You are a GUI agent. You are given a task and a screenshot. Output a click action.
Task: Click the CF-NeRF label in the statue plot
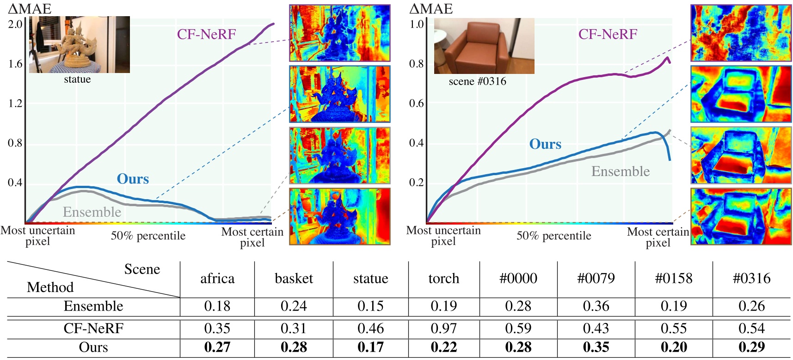click(x=206, y=34)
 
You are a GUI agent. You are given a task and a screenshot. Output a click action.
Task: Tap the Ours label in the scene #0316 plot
click(x=545, y=144)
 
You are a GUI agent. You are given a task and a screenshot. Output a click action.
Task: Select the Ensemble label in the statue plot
click(x=92, y=212)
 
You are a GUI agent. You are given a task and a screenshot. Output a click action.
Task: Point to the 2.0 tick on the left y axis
click(x=15, y=24)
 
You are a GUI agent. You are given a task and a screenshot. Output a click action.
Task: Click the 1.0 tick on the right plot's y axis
click(x=417, y=24)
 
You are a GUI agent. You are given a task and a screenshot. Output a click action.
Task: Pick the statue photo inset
click(x=80, y=45)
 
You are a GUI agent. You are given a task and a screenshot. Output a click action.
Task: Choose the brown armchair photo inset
click(x=484, y=46)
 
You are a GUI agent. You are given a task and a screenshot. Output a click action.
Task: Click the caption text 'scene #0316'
click(x=477, y=82)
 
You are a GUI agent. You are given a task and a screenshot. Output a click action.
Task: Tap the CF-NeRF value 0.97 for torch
click(x=443, y=329)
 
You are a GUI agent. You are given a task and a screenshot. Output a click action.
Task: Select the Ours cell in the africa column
click(x=217, y=348)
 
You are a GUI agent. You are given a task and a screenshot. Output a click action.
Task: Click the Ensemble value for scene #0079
click(x=596, y=306)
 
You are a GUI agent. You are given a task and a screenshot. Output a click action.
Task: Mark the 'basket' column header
click(x=294, y=279)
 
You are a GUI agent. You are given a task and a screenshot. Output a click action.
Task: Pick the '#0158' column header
click(x=674, y=279)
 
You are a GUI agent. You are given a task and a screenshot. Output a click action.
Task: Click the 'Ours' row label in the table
click(x=93, y=348)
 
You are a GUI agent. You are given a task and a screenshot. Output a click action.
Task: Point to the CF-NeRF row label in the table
click(x=93, y=329)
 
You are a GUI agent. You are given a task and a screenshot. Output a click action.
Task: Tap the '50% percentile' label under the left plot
click(x=148, y=236)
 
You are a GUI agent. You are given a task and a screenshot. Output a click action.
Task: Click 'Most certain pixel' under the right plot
click(x=658, y=237)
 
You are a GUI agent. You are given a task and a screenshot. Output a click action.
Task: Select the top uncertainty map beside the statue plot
click(x=340, y=33)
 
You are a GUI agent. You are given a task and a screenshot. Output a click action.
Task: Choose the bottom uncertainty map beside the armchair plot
click(x=741, y=216)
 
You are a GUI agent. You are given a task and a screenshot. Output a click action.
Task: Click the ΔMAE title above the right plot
click(x=431, y=9)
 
